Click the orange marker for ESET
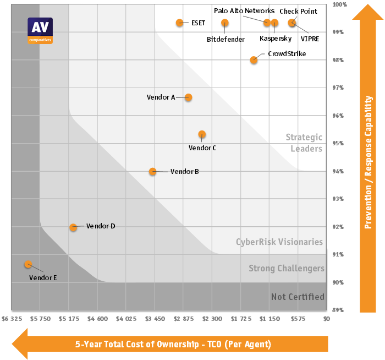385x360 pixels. (x=179, y=23)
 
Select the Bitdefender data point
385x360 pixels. (x=225, y=23)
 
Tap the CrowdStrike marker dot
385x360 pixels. (x=254, y=60)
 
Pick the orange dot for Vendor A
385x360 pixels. (x=189, y=97)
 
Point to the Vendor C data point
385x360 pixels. (x=202, y=134)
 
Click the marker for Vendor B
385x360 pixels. (x=153, y=171)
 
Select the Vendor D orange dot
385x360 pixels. (x=73, y=227)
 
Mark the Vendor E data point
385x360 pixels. (x=28, y=264)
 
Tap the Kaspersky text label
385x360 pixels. (x=276, y=39)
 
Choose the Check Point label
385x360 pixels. (x=298, y=12)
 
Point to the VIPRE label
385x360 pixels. (x=310, y=39)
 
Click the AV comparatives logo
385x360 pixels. (x=40, y=30)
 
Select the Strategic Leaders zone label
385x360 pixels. (x=304, y=143)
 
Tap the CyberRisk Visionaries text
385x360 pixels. (x=279, y=242)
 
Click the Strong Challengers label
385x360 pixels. (x=286, y=269)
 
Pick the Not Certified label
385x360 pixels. (x=298, y=297)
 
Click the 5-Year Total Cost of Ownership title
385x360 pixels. (x=173, y=345)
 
